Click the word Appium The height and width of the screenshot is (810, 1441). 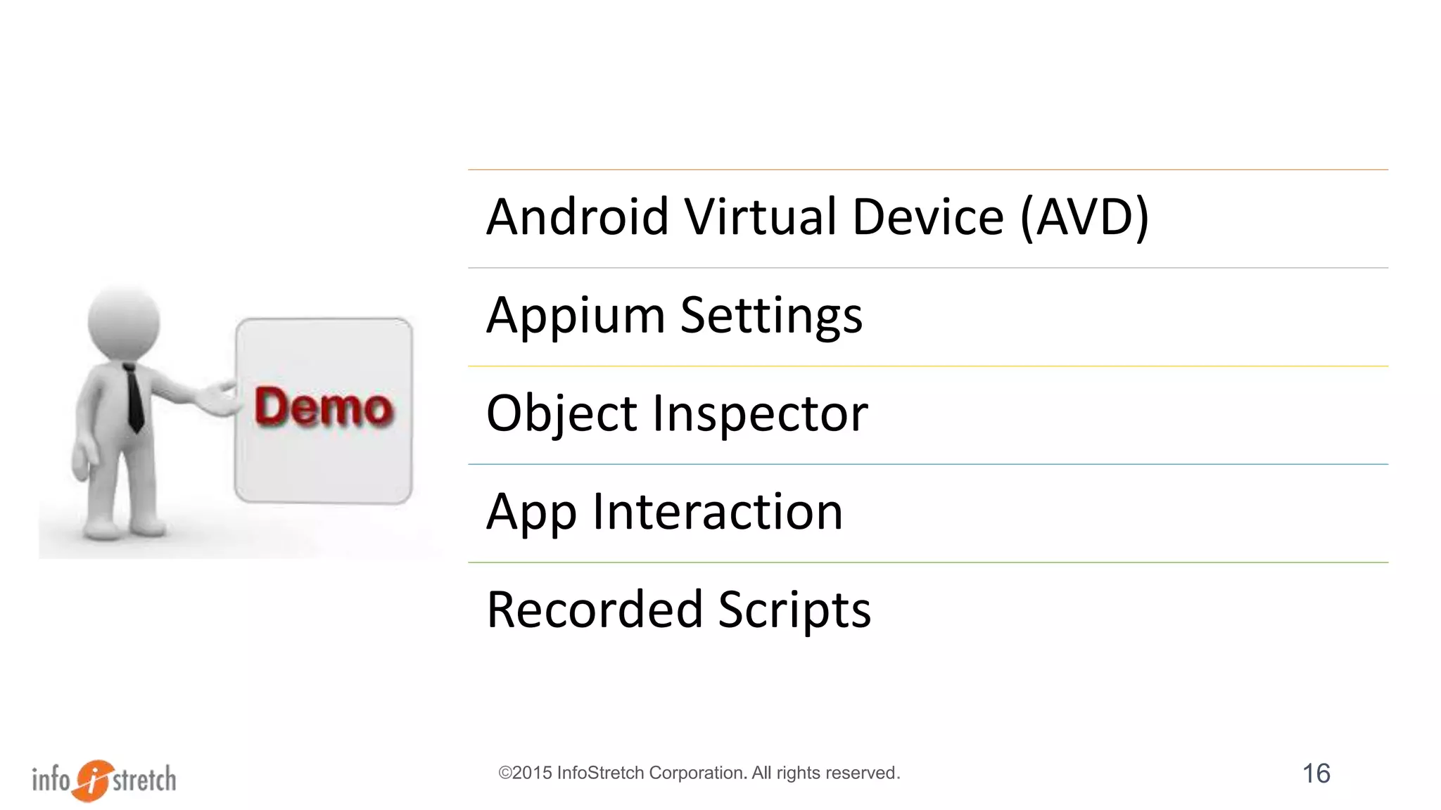pyautogui.click(x=576, y=316)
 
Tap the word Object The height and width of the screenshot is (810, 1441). pyautogui.click(x=561, y=414)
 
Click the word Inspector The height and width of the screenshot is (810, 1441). pyautogui.click(x=760, y=414)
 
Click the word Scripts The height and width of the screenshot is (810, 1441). pyautogui.click(x=794, y=610)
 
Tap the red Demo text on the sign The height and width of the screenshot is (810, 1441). pyautogui.click(x=323, y=407)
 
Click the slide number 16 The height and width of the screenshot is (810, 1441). pyautogui.click(x=1316, y=773)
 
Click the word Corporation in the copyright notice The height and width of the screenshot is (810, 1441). pyautogui.click(x=697, y=773)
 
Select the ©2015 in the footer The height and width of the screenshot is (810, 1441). pyautogui.click(x=526, y=773)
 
